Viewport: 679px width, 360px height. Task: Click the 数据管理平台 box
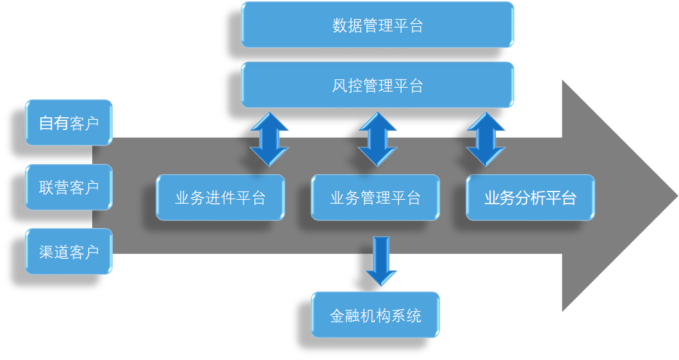377,25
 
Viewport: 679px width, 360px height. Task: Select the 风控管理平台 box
377,85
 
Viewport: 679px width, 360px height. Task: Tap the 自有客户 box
69,122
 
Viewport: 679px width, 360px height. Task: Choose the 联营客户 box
69,187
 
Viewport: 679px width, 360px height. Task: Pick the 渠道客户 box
69,251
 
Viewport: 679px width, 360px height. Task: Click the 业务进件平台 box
220,197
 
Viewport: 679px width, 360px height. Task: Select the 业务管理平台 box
375,197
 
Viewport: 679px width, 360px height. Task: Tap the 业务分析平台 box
530,197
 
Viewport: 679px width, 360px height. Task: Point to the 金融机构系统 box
375,315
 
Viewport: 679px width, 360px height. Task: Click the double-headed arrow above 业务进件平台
269,140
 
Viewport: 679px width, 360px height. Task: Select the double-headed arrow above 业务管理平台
377,140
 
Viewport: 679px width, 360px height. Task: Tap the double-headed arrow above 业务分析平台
486,140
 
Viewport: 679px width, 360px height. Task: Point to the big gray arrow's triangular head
615,195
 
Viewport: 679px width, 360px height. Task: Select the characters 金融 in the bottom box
345,316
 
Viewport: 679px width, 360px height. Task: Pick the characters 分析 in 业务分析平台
530,198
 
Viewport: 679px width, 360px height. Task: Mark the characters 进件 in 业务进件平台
220,198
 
